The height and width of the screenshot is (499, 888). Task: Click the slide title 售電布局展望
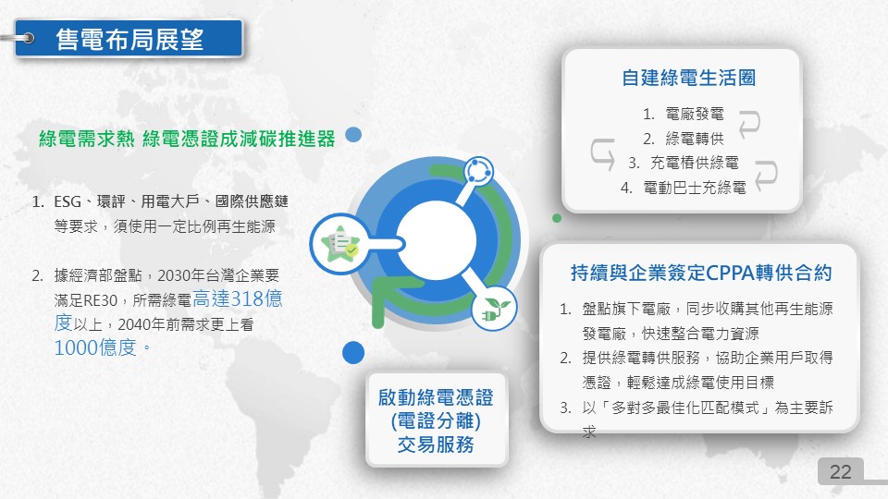[129, 39]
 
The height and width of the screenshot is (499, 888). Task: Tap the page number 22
[841, 471]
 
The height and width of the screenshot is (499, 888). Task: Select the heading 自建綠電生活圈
[688, 78]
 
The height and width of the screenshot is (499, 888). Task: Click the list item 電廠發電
[695, 114]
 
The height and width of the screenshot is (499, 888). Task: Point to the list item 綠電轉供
[695, 139]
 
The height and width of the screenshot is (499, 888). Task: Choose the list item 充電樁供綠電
[695, 163]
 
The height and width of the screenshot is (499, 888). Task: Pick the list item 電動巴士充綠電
[695, 188]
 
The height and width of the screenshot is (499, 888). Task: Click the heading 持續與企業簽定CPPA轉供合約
[701, 273]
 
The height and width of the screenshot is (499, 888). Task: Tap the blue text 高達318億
[238, 298]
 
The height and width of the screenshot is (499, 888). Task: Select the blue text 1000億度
[95, 347]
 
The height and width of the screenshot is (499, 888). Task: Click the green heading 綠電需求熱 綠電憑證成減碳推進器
[187, 139]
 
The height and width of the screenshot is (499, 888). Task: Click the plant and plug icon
[494, 309]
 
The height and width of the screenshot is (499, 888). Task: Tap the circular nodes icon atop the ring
[478, 171]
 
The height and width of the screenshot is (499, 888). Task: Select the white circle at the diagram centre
[436, 240]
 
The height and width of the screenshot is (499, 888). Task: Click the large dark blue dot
[352, 352]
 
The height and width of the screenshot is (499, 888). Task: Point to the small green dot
[557, 218]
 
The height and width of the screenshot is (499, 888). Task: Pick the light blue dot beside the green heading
[353, 135]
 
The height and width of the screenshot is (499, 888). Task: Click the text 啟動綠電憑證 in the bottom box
[436, 397]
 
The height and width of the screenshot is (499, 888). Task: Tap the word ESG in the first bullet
[68, 201]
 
